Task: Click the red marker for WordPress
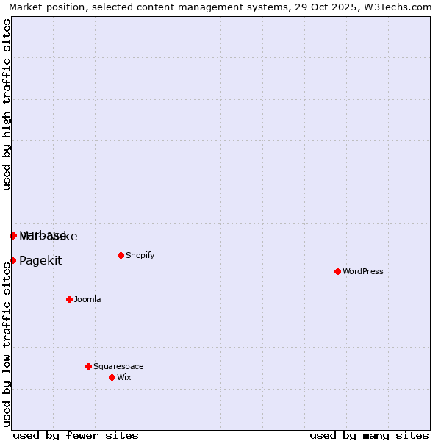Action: pos(337,271)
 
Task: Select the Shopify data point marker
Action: pos(121,255)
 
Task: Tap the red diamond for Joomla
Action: pos(69,299)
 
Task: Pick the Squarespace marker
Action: pos(88,366)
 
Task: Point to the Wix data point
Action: pos(112,377)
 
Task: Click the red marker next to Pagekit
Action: pos(12,260)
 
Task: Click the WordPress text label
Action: pos(363,271)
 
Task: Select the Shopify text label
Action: pos(140,255)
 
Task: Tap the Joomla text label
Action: pos(87,299)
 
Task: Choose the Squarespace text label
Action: pos(118,366)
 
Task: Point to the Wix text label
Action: pos(123,377)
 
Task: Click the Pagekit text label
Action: pos(40,260)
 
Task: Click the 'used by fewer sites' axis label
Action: pos(76,435)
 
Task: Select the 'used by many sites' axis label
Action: pos(369,435)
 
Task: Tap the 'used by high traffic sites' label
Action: pos(7,104)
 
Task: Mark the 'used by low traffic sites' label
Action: pos(7,343)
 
